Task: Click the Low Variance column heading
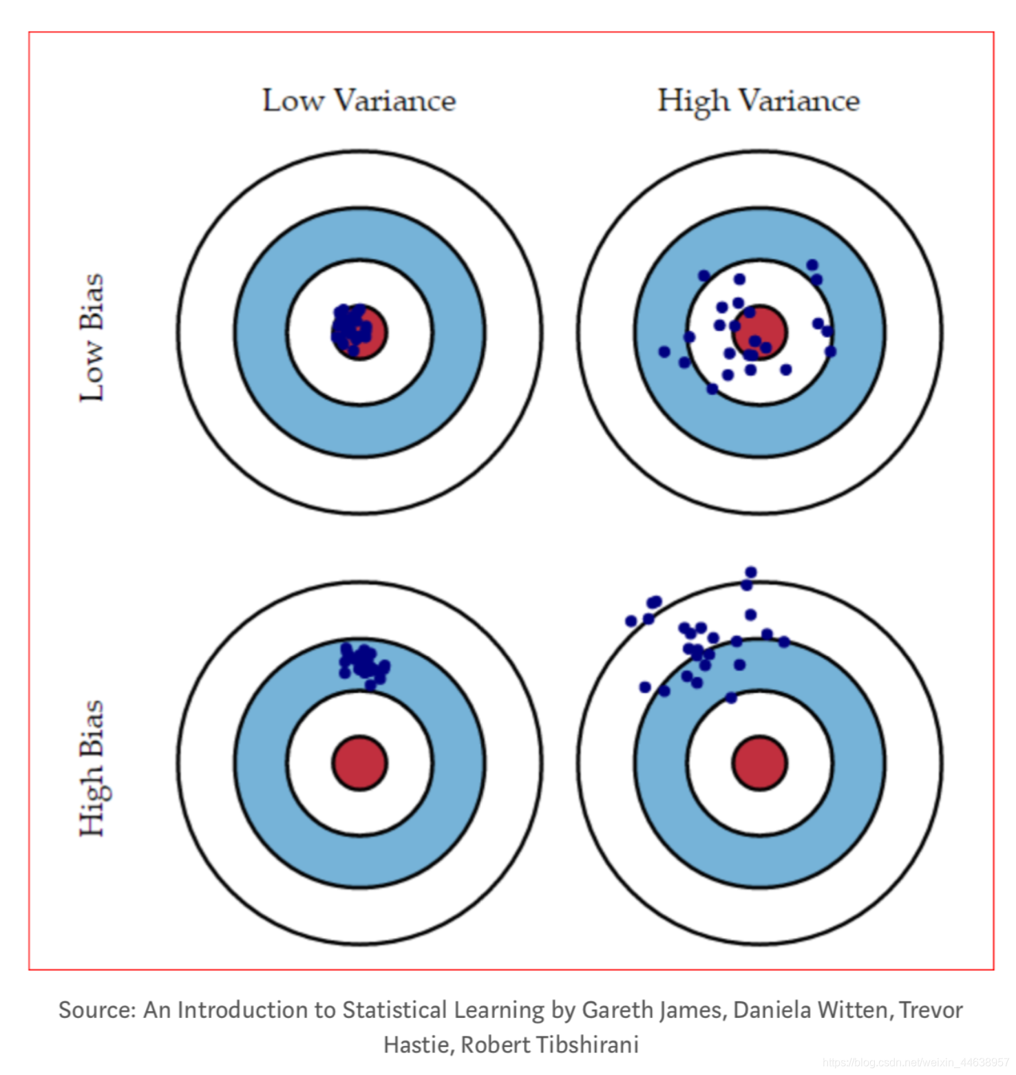359,100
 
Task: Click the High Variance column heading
759,100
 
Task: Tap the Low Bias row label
92,337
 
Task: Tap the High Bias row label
92,768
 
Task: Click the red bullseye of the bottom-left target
359,763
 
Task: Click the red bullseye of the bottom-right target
759,763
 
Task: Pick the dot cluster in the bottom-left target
363,663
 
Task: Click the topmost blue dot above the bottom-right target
751,572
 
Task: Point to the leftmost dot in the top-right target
664,352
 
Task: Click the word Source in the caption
97,1010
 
